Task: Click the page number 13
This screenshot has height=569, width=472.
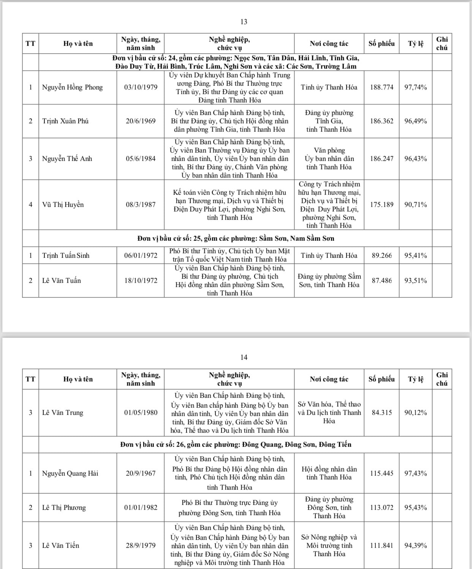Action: coord(244,22)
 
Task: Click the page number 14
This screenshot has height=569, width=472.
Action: coord(244,357)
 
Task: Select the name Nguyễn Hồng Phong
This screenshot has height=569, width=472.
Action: coord(72,87)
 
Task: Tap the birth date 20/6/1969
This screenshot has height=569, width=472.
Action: coord(141,121)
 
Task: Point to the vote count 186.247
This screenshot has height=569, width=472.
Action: coord(382,159)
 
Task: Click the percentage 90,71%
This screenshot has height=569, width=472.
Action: coord(415,205)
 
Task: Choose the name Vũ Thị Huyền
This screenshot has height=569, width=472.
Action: coord(63,205)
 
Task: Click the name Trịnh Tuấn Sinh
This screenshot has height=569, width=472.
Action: coord(66,256)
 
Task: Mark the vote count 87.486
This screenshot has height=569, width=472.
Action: coord(382,281)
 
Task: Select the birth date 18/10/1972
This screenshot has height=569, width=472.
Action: coord(141,281)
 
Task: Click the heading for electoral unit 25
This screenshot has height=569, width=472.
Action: coord(236,239)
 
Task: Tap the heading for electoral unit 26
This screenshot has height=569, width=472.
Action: coord(236,444)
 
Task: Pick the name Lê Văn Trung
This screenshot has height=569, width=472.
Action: coord(62,413)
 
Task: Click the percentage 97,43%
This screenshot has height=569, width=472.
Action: coord(415,473)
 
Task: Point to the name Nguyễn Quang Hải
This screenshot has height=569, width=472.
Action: coord(70,473)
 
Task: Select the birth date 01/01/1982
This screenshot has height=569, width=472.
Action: coord(141,507)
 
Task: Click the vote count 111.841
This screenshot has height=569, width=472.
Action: coord(382,545)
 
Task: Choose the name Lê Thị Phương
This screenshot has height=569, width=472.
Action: coord(64,507)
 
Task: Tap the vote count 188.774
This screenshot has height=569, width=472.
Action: coord(382,87)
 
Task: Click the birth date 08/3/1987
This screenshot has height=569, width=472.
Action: coord(141,205)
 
